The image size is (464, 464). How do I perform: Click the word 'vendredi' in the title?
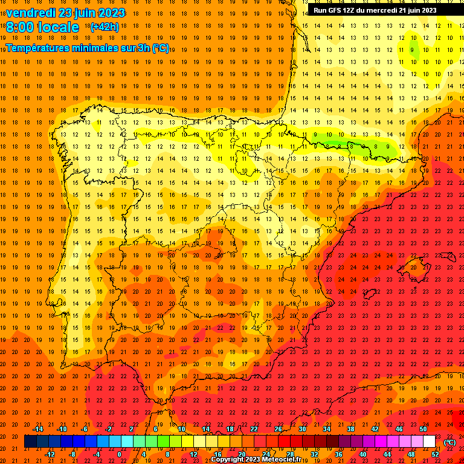tap(30, 13)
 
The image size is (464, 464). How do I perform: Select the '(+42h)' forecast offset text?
tap(105, 27)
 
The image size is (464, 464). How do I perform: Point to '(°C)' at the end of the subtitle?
tap(161, 48)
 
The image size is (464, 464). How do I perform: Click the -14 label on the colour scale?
tap(37, 429)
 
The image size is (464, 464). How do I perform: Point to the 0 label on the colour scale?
tap(119, 454)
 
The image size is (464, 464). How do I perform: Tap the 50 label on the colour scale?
tap(423, 429)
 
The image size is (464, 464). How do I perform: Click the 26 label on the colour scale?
tap(278, 429)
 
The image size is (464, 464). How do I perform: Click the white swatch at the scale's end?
tap(429, 442)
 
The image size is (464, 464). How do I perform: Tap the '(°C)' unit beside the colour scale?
tap(449, 442)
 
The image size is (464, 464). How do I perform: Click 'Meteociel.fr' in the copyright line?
tap(285, 460)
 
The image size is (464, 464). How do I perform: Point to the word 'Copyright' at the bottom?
tap(228, 460)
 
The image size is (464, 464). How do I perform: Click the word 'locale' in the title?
tap(59, 27)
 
